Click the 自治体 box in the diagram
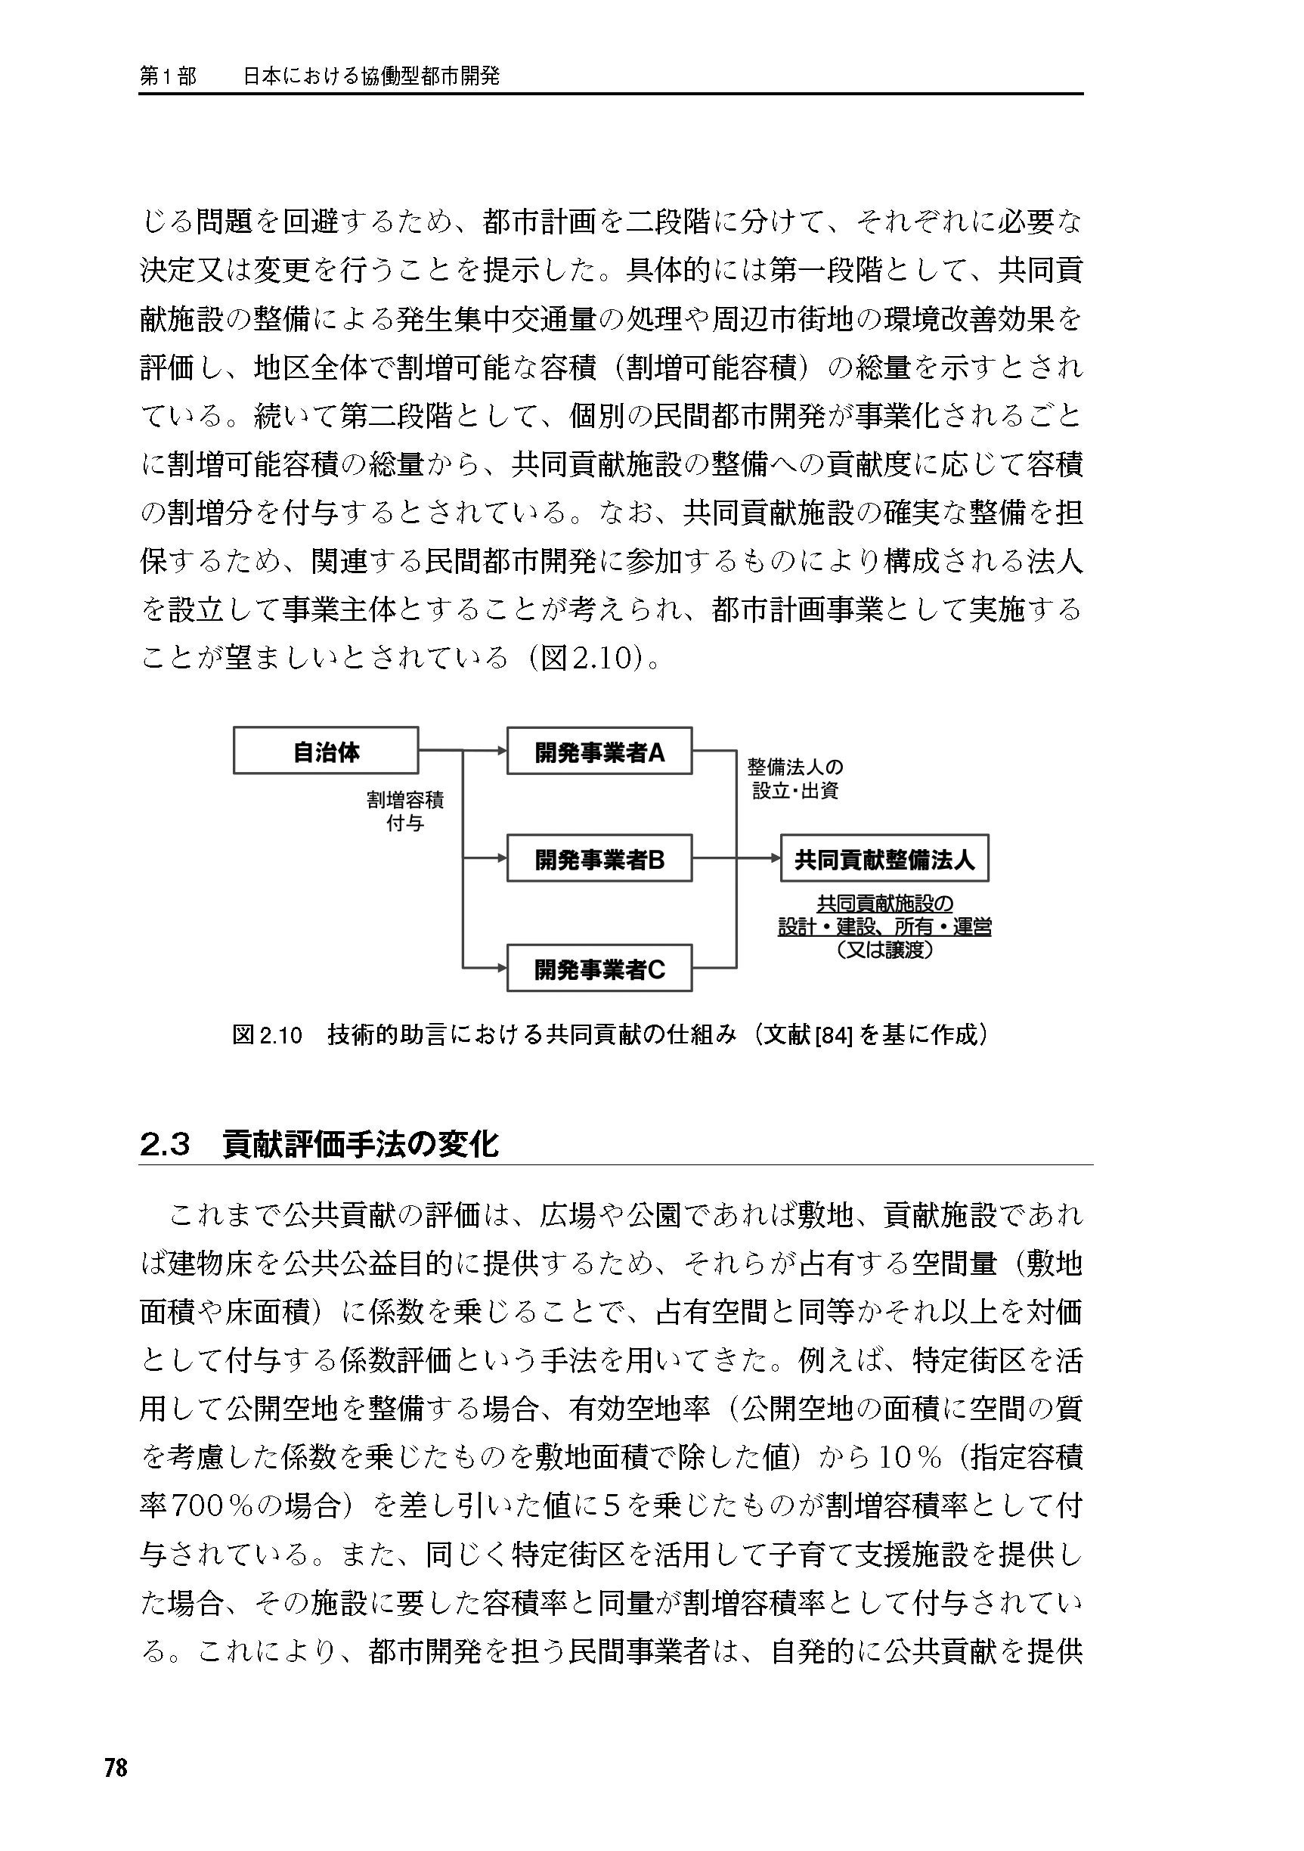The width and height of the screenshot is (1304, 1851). [326, 751]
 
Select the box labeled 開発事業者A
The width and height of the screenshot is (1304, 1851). [599, 751]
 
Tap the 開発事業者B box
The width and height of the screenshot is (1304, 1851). [599, 860]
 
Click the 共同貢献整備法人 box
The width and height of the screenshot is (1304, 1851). [884, 859]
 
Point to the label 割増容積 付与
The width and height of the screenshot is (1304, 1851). [405, 811]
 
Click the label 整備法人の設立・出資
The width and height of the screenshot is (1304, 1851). [795, 778]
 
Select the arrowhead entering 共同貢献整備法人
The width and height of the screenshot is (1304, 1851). [776, 859]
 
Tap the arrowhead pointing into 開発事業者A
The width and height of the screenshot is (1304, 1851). [502, 751]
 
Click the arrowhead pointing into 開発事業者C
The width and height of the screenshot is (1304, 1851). [502, 967]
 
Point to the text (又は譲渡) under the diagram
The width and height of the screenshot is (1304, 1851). [884, 950]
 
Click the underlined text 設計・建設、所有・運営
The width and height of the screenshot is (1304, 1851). [884, 927]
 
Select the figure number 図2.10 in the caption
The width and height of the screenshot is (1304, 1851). [267, 1035]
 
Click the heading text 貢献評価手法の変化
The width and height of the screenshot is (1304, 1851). [361, 1144]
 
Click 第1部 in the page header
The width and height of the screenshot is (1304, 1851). [168, 76]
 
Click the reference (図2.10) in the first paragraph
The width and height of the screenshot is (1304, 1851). [589, 658]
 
